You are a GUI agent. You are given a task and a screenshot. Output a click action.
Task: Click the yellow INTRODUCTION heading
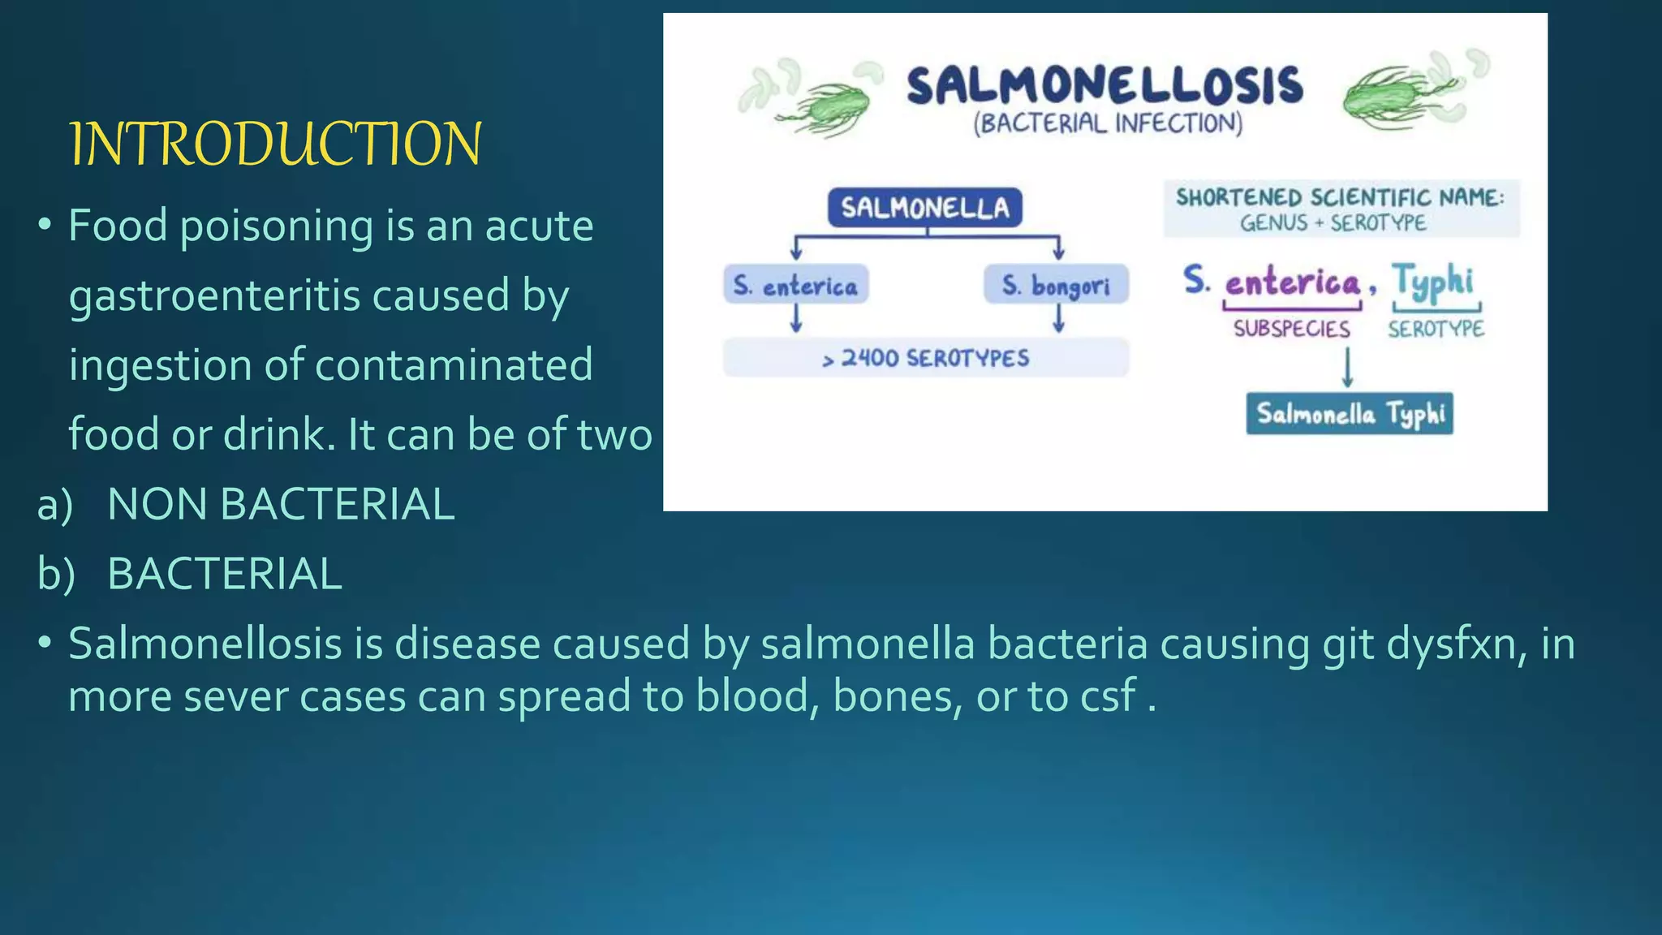pos(276,144)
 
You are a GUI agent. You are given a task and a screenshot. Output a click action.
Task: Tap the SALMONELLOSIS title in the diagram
pos(1104,86)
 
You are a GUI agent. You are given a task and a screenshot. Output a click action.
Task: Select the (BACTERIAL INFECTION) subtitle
pos(1108,124)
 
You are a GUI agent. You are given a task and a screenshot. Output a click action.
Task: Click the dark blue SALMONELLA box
pos(925,208)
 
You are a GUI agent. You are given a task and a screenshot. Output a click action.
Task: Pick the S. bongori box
pos(1056,285)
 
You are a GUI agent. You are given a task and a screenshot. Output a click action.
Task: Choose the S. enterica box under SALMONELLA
pos(795,285)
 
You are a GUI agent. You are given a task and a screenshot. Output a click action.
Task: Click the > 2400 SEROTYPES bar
pos(925,358)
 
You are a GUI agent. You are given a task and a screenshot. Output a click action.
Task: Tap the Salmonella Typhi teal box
pos(1350,414)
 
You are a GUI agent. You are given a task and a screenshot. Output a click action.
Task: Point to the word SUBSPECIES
pos(1291,329)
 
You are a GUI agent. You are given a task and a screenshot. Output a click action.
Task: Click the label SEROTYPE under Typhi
pos(1436,329)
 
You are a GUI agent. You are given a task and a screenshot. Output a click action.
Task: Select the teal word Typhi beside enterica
pos(1433,282)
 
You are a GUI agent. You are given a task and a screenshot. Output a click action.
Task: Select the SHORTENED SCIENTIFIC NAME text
pos(1340,197)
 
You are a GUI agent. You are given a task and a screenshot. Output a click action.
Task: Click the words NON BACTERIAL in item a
pos(281,504)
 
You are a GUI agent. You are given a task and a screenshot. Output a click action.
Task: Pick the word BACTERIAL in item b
pos(225,574)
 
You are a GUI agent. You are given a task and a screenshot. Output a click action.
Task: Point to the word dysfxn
pos(1452,644)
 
